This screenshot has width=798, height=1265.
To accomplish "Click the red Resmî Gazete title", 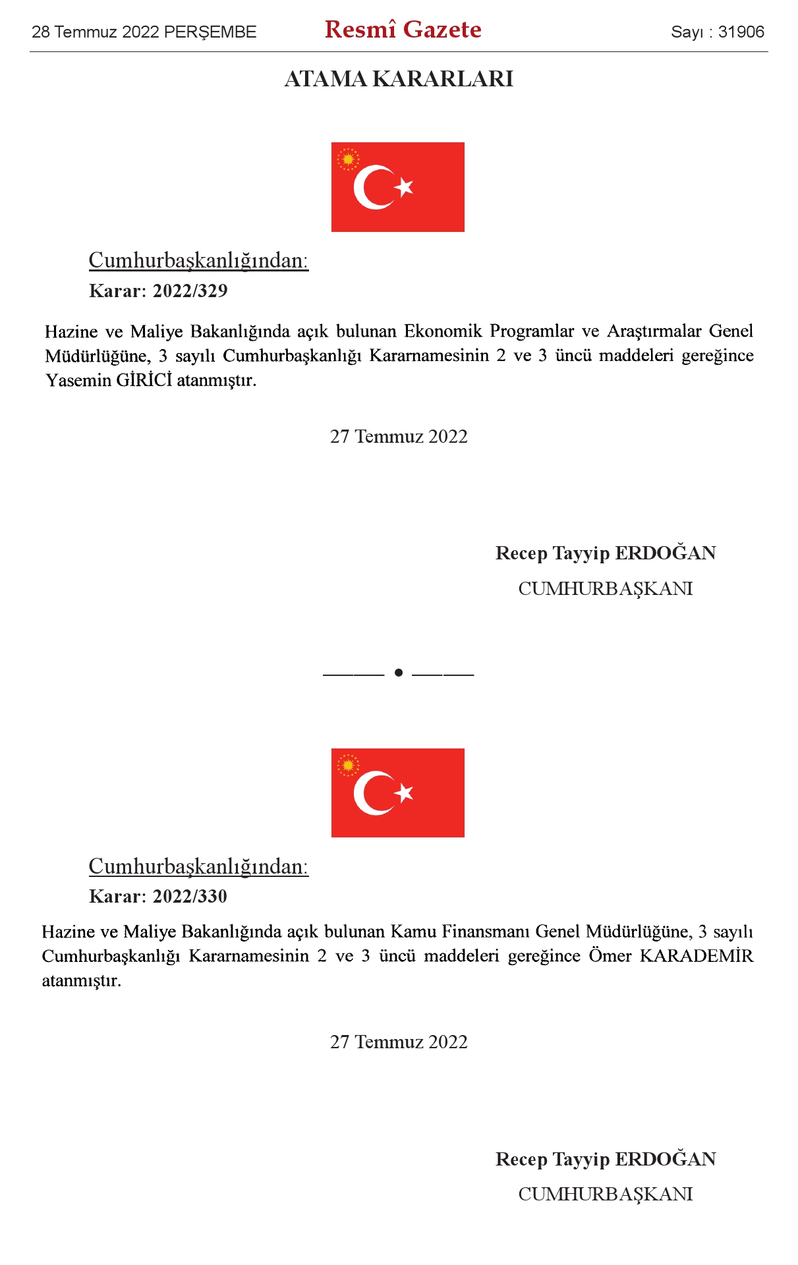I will (403, 30).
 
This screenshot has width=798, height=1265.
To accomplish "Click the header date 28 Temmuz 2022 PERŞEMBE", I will (144, 32).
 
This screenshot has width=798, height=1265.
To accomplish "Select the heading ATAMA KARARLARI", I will (399, 79).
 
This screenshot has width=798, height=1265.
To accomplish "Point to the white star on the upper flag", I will (404, 187).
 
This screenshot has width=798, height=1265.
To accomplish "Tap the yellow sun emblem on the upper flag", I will (348, 159).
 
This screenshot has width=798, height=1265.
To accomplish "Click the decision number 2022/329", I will (190, 291).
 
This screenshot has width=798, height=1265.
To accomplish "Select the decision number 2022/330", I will (190, 897).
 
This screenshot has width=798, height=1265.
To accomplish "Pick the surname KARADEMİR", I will (696, 956).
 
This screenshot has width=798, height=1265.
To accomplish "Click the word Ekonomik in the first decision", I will (442, 331).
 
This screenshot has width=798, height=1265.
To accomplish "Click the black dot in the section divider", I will (398, 673).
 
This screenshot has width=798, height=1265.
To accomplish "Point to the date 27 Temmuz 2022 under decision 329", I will (399, 437).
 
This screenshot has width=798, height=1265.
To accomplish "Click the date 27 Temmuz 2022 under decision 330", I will (399, 1042).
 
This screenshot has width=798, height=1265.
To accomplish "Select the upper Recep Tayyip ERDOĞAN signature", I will (605, 553).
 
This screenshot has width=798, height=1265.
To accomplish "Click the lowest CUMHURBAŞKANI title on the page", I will (605, 1195).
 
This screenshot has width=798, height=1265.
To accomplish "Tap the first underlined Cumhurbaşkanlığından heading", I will (198, 261).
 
